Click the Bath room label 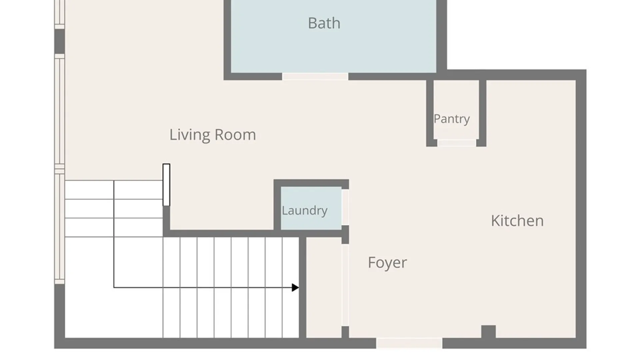pyautogui.click(x=324, y=23)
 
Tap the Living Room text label pyautogui.click(x=213, y=135)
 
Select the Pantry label pyautogui.click(x=452, y=119)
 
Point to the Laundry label pyautogui.click(x=305, y=211)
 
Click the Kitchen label pyautogui.click(x=517, y=221)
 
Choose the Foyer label pyautogui.click(x=387, y=263)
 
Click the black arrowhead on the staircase pyautogui.click(x=295, y=287)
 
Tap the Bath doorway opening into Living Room pyautogui.click(x=315, y=77)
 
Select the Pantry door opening pyautogui.click(x=457, y=143)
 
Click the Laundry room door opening pyautogui.click(x=345, y=207)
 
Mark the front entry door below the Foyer pyautogui.click(x=409, y=343)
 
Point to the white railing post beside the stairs pyautogui.click(x=166, y=185)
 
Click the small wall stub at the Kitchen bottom pyautogui.click(x=488, y=332)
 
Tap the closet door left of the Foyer pyautogui.click(x=345, y=285)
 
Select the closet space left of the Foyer pyautogui.click(x=324, y=287)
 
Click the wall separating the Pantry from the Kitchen pyautogui.click(x=483, y=113)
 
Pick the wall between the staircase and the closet pyautogui.click(x=303, y=287)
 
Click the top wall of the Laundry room pyautogui.click(x=311, y=183)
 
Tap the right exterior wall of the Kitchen pyautogui.click(x=581, y=209)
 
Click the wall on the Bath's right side pyautogui.click(x=442, y=37)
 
